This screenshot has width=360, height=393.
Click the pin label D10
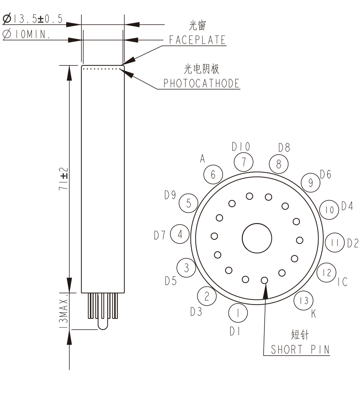click(x=241, y=147)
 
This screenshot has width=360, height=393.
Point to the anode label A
click(x=203, y=158)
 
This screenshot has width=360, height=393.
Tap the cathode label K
click(x=313, y=313)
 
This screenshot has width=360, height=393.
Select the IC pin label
click(x=342, y=282)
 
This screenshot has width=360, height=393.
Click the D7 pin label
click(x=160, y=235)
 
